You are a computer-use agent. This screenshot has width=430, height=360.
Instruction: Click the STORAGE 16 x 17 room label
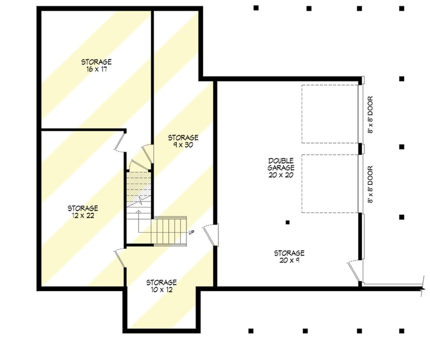click(x=97, y=66)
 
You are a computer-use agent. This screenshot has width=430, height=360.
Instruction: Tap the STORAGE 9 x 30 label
click(x=183, y=141)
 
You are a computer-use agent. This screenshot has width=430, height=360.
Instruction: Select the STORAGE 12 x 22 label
click(x=83, y=211)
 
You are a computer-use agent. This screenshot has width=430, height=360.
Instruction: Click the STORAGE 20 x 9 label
click(x=289, y=256)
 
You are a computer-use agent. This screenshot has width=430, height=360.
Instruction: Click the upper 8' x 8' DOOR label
click(x=370, y=114)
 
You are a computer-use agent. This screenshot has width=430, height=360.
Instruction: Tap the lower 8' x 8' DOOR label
click(x=370, y=184)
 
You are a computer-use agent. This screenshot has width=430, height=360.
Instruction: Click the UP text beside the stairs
click(x=191, y=232)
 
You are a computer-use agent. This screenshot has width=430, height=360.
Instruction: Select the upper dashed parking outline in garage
click(x=329, y=114)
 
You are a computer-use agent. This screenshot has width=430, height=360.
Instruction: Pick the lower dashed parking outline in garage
click(x=329, y=183)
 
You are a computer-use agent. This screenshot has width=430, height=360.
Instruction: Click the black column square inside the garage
click(x=288, y=222)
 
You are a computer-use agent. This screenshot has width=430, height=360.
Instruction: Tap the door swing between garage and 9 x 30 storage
click(x=211, y=234)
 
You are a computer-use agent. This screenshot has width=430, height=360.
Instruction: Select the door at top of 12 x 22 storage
click(x=121, y=141)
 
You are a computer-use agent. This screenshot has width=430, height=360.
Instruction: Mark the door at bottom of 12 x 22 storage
click(x=120, y=257)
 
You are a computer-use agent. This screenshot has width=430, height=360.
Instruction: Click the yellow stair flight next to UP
click(x=169, y=229)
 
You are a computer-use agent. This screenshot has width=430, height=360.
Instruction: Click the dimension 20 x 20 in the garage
click(x=282, y=175)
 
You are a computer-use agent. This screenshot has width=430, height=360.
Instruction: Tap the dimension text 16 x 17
click(x=97, y=69)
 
